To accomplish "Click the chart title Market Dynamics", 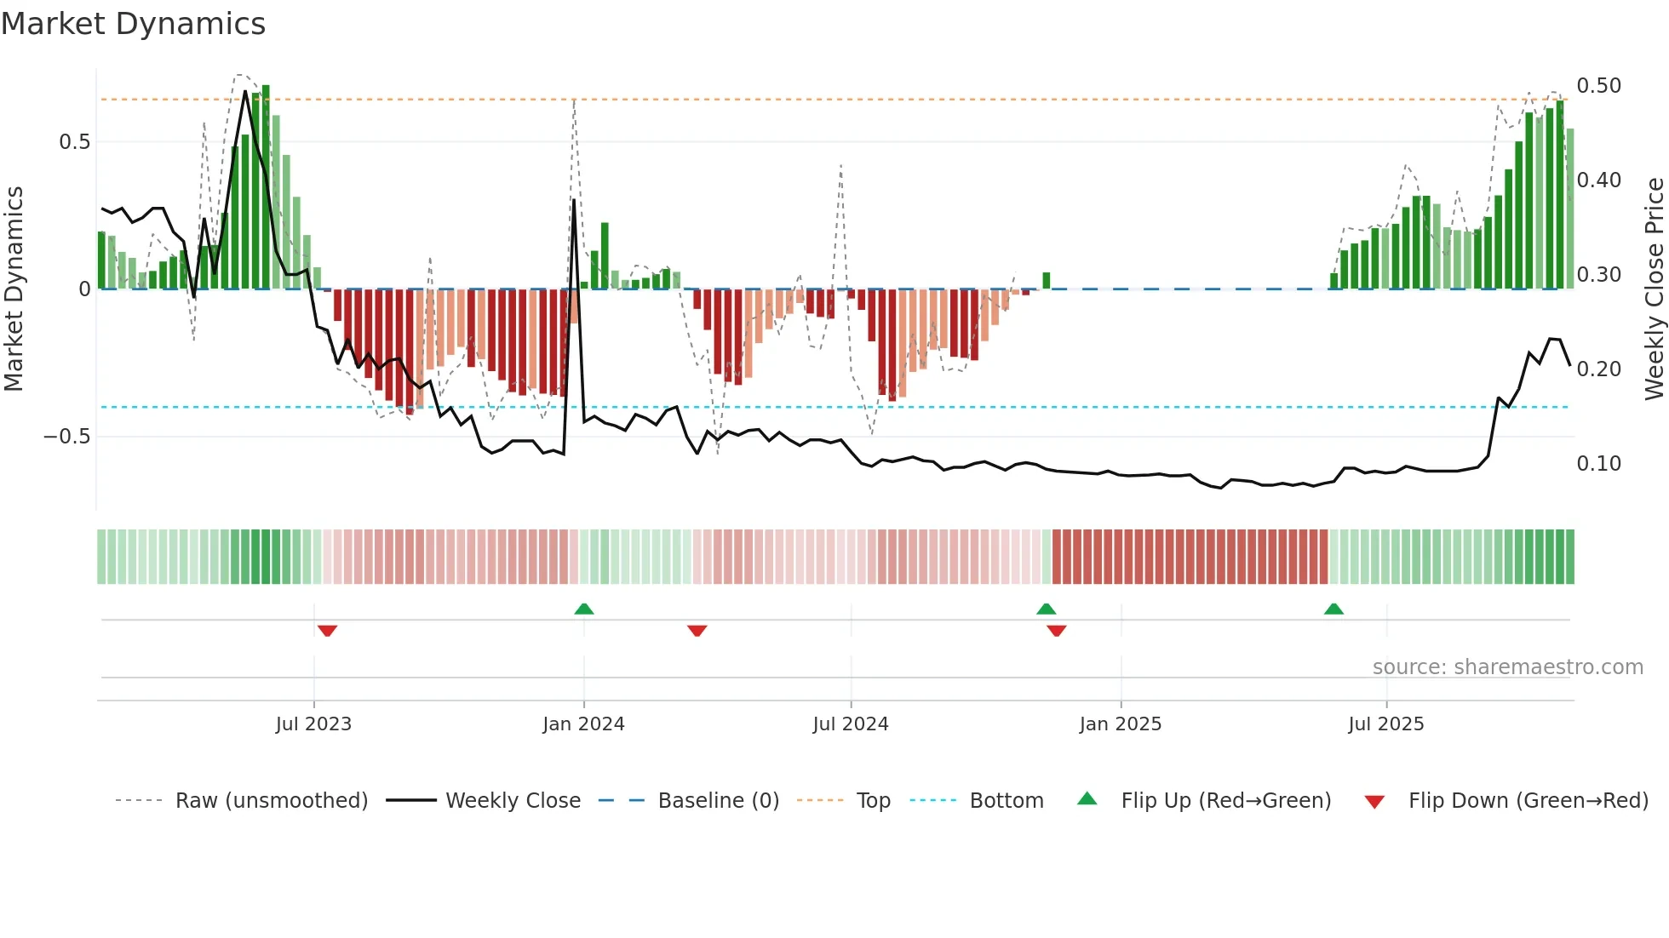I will (133, 24).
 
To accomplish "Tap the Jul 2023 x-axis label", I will (313, 724).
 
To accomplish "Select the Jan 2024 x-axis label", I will (583, 724).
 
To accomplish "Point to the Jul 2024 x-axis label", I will (851, 724).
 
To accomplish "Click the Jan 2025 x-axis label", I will (1120, 724).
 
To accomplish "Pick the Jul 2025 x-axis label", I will (1385, 724).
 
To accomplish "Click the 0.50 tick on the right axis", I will (1598, 86).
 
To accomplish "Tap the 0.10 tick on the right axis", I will (1598, 464).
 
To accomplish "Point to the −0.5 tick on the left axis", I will (67, 437).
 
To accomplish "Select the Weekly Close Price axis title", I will (1654, 289).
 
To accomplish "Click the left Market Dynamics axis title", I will (14, 289).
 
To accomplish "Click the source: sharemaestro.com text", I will (1507, 667).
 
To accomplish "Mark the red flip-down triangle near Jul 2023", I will (327, 631).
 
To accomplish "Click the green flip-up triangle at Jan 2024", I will (584, 609).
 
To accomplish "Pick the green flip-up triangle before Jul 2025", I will (1333, 609).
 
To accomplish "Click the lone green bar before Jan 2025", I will (1047, 281).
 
